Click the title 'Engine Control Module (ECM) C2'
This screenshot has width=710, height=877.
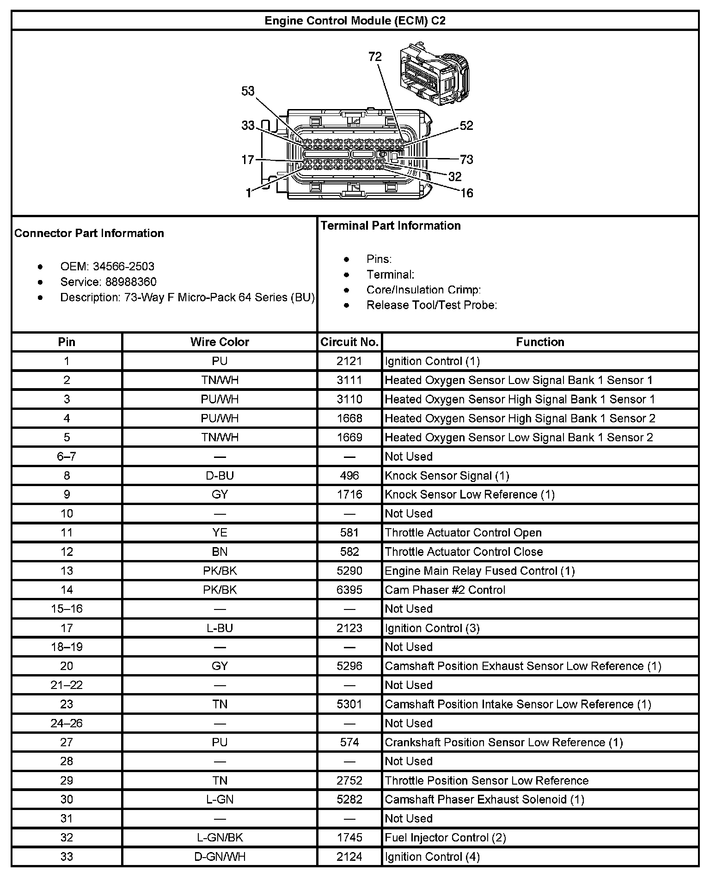coord(355,21)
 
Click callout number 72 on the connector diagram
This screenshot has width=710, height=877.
coord(375,57)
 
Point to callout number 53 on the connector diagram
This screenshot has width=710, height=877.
coord(248,91)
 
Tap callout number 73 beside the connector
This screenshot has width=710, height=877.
coord(466,159)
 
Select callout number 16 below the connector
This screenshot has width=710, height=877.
coord(467,193)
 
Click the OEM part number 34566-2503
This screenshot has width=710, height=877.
coord(123,267)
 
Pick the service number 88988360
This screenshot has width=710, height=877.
coord(131,282)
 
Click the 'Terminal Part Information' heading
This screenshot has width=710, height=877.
coord(391,225)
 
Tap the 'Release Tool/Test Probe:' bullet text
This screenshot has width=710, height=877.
coord(431,305)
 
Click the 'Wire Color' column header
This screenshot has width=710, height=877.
coord(220,342)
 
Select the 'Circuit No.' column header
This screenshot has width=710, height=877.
coord(349,342)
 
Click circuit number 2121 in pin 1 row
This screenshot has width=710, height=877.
coord(349,361)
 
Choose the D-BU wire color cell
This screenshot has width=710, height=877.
coord(220,475)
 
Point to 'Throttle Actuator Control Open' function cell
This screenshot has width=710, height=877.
coord(463,533)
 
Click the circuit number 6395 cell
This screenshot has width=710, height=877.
coord(349,590)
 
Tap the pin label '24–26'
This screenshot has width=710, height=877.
coord(67,723)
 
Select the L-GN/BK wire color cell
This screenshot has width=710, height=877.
coord(220,837)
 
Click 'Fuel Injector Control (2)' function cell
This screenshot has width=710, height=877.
coord(445,837)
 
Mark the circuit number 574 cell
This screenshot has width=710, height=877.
coord(349,742)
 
